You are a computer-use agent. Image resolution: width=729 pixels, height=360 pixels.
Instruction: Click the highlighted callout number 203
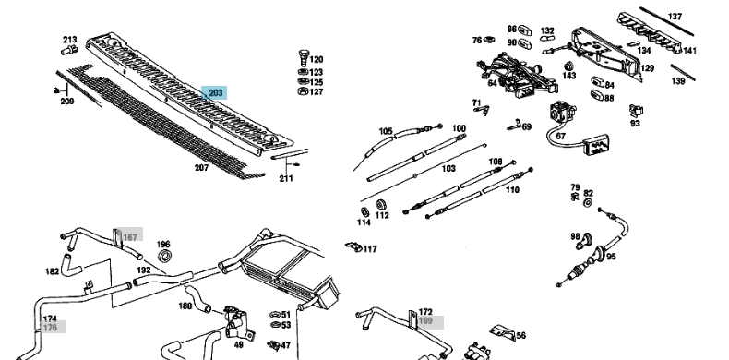point(216,93)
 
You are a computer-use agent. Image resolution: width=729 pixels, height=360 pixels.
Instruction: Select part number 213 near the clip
point(70,40)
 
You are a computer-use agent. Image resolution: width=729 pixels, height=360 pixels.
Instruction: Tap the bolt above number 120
point(303,57)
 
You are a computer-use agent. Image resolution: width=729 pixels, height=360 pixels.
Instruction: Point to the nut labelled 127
point(303,91)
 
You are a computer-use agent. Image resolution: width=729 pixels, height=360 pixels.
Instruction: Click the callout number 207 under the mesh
point(201,167)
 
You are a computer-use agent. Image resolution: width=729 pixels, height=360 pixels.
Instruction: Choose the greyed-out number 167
point(130,237)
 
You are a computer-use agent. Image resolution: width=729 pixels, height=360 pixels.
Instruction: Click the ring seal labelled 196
point(164,256)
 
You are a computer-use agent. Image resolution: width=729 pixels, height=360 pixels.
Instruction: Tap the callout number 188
point(185,306)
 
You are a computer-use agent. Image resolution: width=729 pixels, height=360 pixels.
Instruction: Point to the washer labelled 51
point(275,315)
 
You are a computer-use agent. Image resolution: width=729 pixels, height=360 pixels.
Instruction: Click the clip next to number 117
point(353,246)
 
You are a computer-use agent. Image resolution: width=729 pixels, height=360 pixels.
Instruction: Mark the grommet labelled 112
point(382,204)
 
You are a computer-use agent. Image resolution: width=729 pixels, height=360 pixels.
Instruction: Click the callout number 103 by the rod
point(448,168)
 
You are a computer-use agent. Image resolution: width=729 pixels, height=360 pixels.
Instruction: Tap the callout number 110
point(512,190)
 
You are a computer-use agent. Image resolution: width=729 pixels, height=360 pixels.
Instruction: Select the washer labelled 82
point(588,203)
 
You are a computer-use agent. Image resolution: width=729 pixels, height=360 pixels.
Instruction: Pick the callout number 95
point(611,257)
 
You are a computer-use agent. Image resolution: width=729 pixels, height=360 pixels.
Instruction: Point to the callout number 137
point(675,17)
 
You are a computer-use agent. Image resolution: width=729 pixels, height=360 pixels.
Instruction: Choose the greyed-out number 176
point(50,328)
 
